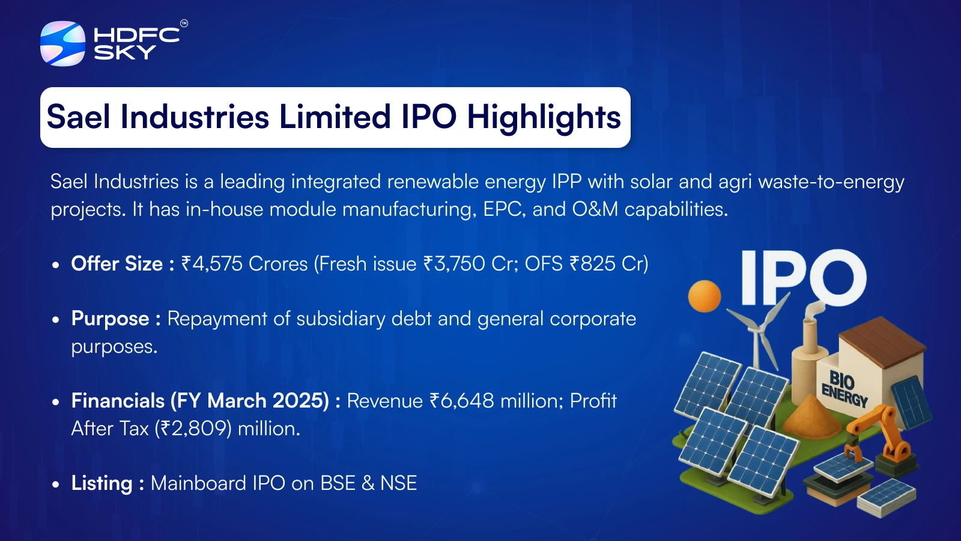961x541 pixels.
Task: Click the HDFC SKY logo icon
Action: (x=62, y=43)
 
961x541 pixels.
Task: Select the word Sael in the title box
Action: (x=79, y=117)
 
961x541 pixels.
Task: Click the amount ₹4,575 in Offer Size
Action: (x=212, y=264)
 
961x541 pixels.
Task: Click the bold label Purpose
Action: (x=111, y=319)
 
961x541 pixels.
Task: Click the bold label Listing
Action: (x=102, y=483)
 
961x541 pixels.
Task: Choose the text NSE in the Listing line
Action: (x=399, y=483)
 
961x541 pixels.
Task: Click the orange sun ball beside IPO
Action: (x=705, y=296)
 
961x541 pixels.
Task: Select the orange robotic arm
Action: (x=879, y=438)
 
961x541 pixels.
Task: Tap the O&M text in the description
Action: (x=595, y=210)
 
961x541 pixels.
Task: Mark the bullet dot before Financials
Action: (x=55, y=402)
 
